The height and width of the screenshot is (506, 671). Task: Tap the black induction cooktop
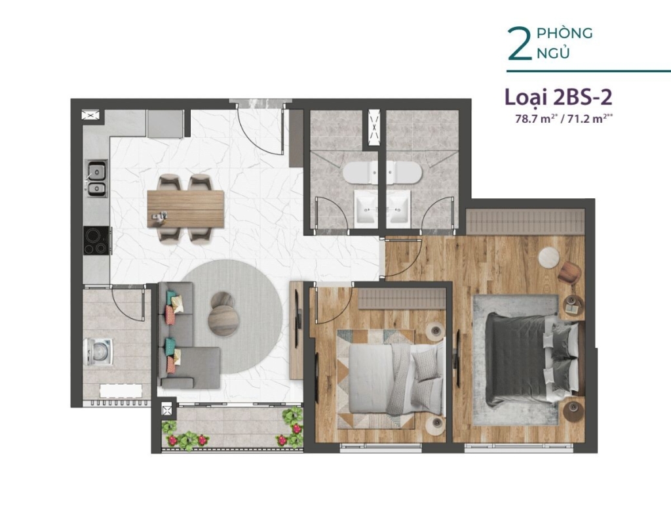(97, 241)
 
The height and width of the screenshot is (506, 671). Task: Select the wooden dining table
(185, 209)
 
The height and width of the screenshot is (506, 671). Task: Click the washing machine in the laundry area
(100, 352)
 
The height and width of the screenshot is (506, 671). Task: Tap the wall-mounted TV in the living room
(299, 331)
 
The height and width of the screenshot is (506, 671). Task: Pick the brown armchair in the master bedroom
(570, 272)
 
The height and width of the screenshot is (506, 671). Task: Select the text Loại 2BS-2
(559, 97)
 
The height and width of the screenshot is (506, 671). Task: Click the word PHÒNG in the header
(564, 33)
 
